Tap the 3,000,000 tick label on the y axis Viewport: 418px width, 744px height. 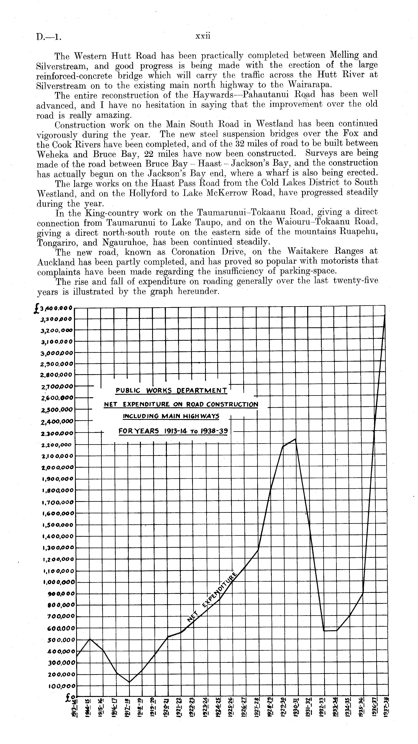[x=57, y=353]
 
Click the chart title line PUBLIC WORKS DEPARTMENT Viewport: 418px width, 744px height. [x=171, y=391]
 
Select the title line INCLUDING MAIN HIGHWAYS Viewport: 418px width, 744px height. [x=171, y=416]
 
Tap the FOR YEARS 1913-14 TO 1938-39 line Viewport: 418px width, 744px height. [x=173, y=431]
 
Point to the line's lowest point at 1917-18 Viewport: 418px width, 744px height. [x=129, y=682]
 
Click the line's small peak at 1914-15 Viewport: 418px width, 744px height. [x=90, y=639]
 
